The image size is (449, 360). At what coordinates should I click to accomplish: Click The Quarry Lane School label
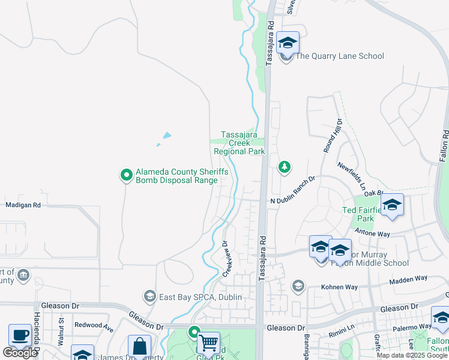[x=340, y=56]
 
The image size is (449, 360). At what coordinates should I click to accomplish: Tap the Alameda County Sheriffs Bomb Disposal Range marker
[x=127, y=175]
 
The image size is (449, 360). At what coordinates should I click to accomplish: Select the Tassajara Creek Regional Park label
[x=240, y=143]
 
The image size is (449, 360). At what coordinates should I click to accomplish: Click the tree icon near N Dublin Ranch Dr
[x=284, y=167]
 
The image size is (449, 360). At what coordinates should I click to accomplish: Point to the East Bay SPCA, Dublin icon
[x=149, y=296]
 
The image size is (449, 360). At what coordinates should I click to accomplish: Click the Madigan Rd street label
[x=23, y=205]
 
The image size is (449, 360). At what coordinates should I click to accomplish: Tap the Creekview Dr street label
[x=227, y=259]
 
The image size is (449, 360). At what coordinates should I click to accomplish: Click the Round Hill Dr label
[x=333, y=136]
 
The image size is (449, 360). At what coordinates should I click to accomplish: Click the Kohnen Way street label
[x=340, y=286]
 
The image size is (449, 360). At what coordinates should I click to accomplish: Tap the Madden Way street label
[x=409, y=278]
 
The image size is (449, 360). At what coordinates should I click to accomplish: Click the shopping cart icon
[x=208, y=344]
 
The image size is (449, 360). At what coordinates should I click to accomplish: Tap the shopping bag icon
[x=139, y=346]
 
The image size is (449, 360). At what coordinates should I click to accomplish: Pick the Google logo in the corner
[x=20, y=353]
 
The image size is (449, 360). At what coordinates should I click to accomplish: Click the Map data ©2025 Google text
[x=412, y=355]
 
